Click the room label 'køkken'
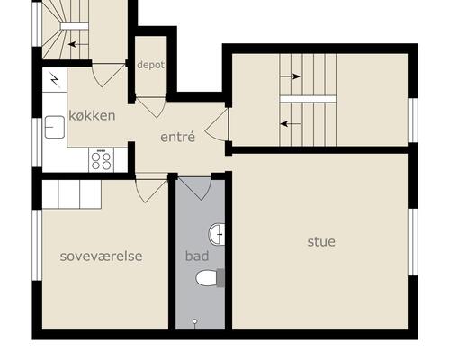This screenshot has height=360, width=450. pos(92,116)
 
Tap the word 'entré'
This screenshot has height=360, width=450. pos(178,137)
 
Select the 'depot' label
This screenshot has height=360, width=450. pos(151,65)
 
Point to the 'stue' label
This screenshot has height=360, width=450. pos(321,242)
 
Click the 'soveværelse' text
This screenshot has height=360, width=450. pos(101,256)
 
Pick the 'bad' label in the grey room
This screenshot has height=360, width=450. pos(197,256)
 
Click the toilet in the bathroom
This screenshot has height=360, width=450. pos(206,278)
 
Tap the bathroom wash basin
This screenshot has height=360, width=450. pos(217,234)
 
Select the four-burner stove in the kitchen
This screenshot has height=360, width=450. pos(101,160)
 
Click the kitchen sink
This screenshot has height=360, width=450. pos(55,127)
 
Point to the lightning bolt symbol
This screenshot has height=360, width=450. pos(55,79)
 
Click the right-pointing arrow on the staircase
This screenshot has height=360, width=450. pos(290,76)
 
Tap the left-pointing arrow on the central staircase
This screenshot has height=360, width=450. pos(291,123)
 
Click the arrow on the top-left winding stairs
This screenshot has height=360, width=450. pos(78,45)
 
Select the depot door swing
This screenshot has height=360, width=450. pos(151,107)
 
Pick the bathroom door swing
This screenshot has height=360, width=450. pos(194,188)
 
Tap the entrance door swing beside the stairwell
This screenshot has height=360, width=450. pos(217,125)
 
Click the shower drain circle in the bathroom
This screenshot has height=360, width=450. pos(195,321)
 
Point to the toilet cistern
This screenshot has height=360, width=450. pos(220,278)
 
